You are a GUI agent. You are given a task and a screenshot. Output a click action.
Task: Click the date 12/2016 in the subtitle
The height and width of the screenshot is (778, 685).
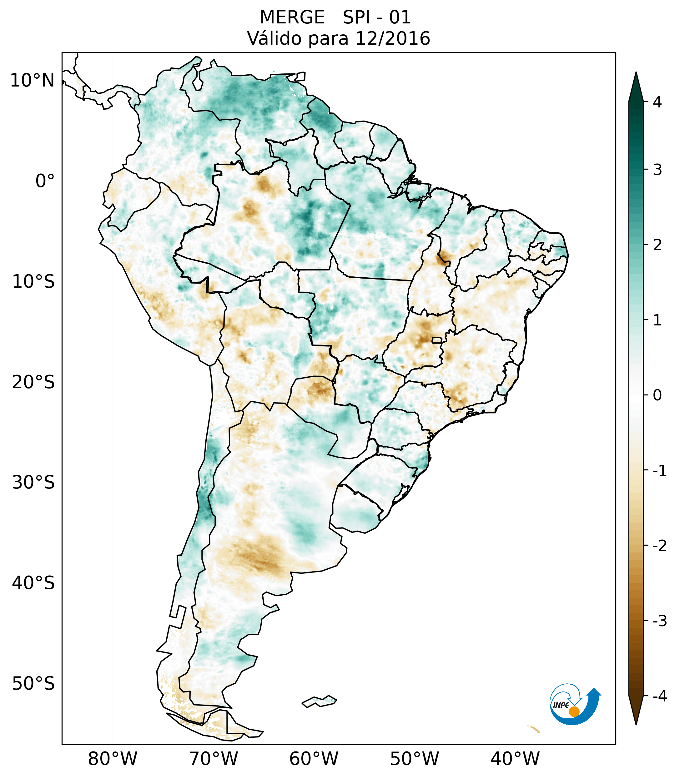392,38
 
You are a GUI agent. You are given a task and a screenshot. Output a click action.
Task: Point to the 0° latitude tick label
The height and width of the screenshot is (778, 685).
45,181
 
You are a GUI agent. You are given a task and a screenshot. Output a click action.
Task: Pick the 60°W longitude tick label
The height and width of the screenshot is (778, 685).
314,759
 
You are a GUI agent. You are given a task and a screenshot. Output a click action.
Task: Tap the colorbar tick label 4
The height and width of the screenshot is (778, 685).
657,102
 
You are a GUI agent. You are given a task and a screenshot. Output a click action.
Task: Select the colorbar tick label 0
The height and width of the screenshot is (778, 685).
657,395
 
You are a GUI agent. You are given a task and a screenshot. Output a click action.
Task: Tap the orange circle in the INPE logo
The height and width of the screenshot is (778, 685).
574,711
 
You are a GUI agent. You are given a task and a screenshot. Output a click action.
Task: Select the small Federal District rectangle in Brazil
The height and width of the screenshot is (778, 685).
436,340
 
